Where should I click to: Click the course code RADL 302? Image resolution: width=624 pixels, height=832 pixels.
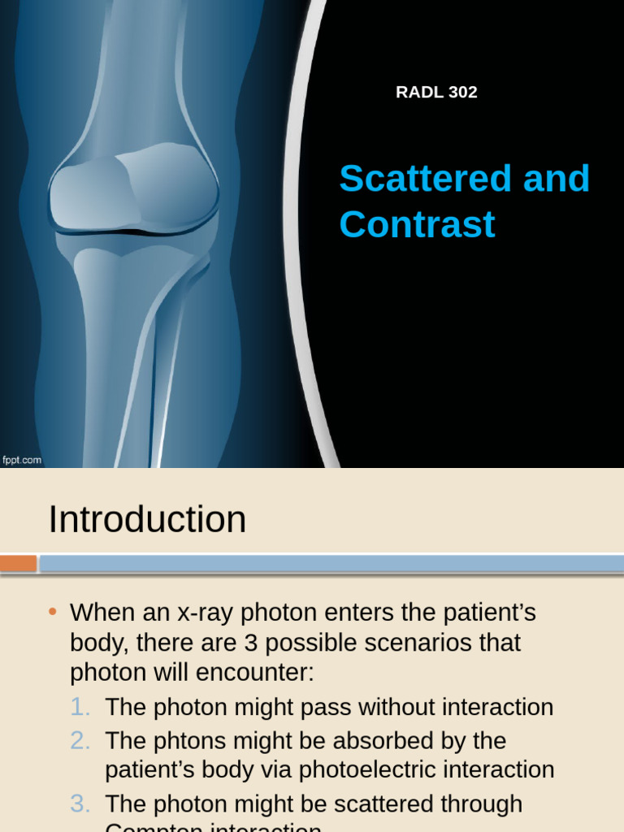pyautogui.click(x=436, y=93)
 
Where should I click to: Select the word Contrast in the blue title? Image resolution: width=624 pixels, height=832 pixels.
pyautogui.click(x=417, y=224)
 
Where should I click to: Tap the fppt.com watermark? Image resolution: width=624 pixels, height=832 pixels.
pyautogui.click(x=22, y=461)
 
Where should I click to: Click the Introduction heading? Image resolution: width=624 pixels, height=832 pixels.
pyautogui.click(x=147, y=519)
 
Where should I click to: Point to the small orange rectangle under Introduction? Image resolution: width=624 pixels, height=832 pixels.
pyautogui.click(x=18, y=563)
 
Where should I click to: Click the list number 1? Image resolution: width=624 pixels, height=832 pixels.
pyautogui.click(x=79, y=707)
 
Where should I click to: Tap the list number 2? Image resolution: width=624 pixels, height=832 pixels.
pyautogui.click(x=79, y=741)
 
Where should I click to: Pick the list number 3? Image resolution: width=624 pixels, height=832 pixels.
pyautogui.click(x=79, y=804)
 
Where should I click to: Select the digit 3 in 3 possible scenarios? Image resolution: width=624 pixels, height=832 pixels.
pyautogui.click(x=251, y=643)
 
